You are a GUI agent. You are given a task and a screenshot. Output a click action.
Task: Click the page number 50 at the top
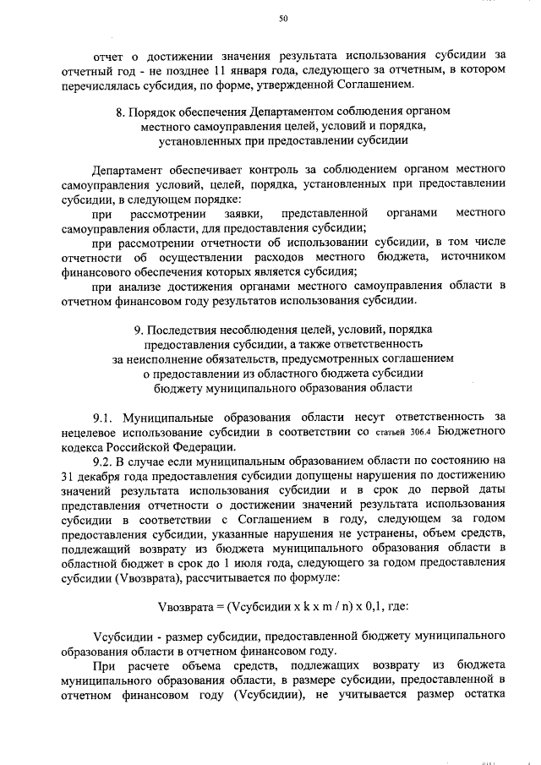tap(283, 19)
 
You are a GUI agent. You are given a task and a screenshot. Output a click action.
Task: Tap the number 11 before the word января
tap(222, 69)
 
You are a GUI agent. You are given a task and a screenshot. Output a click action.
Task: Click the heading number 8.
tap(120, 112)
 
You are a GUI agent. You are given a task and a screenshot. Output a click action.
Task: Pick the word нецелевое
tap(92, 433)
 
